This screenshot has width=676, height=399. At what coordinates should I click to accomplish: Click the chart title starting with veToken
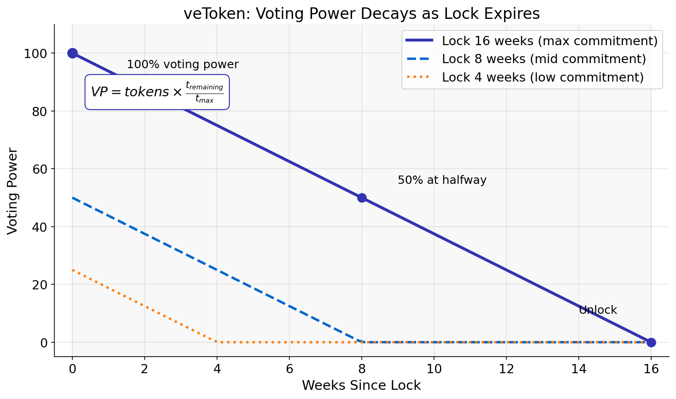coord(361,13)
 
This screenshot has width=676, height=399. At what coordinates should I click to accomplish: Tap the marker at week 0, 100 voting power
coord(72,53)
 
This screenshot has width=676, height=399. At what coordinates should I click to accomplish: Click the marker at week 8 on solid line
coord(362,198)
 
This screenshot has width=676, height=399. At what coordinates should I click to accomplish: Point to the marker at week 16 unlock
coord(651,342)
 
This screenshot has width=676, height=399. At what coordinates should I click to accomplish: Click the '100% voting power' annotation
coord(182,65)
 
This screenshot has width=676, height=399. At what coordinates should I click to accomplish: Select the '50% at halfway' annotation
coord(442,180)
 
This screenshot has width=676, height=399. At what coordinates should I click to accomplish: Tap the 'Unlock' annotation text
coord(598,310)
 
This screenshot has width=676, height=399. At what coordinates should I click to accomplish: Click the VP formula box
coord(157,92)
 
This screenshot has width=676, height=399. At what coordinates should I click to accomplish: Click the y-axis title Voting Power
coord(12,191)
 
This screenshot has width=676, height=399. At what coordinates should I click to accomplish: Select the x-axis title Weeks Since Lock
coord(361,385)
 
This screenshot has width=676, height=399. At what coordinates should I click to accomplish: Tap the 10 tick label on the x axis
coord(434,369)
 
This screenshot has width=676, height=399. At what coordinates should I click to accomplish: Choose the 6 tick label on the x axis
coord(289,369)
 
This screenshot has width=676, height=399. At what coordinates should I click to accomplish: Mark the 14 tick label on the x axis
coord(578,369)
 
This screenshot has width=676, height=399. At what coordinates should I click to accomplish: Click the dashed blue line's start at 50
coord(73,198)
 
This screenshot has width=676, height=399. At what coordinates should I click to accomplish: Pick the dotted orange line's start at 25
coord(73,270)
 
